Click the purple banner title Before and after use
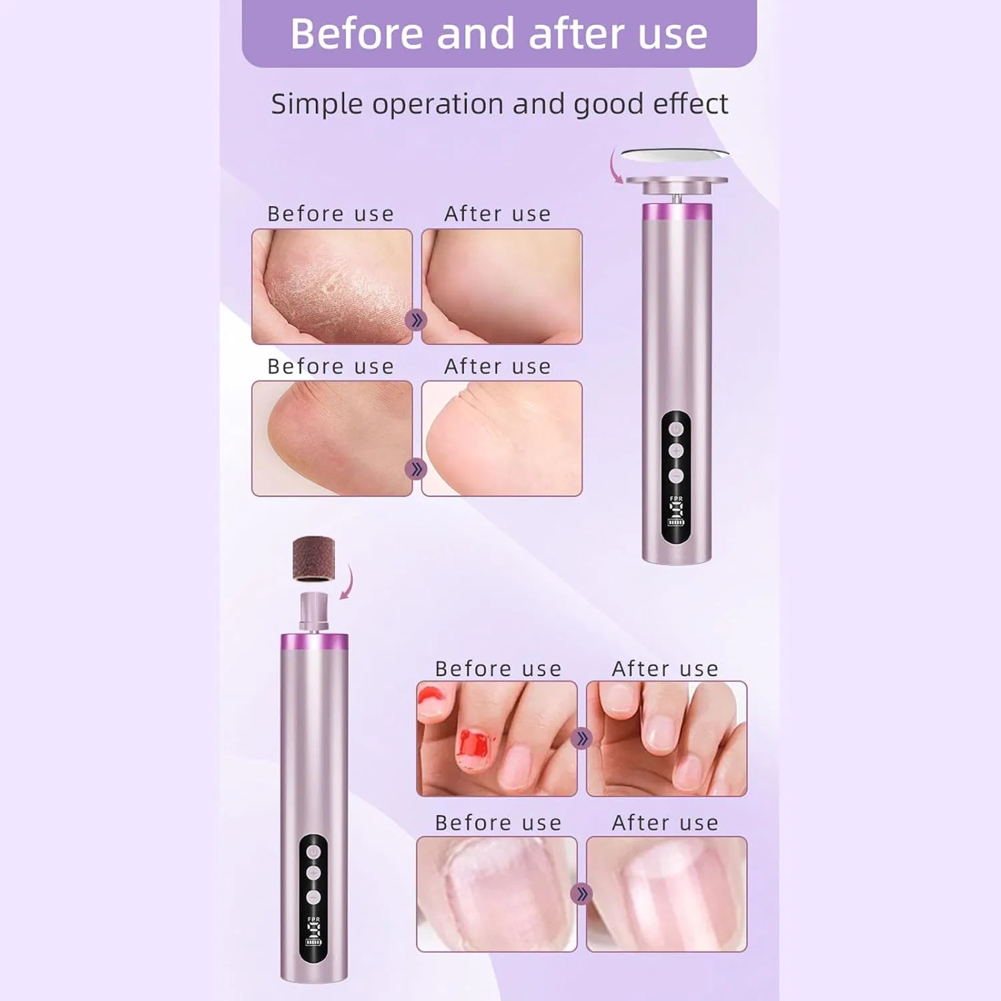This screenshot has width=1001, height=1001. click(x=498, y=33)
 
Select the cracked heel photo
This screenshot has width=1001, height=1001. click(x=332, y=286)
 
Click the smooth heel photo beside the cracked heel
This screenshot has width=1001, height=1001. click(x=502, y=286)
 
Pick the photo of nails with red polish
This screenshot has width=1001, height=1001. click(x=496, y=739)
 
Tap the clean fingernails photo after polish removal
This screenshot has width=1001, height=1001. click(x=667, y=739)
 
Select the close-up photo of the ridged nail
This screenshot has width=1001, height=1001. click(x=496, y=894)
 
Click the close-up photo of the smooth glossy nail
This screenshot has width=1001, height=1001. click(x=667, y=894)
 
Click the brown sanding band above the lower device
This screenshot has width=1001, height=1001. click(x=314, y=559)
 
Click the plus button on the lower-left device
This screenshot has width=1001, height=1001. click(x=314, y=874)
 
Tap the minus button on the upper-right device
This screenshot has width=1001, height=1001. click(x=676, y=475)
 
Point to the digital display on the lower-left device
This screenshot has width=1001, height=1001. click(x=314, y=931)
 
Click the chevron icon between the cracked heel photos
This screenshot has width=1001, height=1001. click(x=415, y=320)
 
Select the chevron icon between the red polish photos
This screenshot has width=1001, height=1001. click(x=582, y=739)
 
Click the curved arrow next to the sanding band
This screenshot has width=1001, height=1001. click(x=347, y=582)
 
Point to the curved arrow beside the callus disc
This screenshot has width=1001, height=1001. click(x=615, y=167)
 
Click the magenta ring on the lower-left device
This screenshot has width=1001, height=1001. click(x=314, y=642)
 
